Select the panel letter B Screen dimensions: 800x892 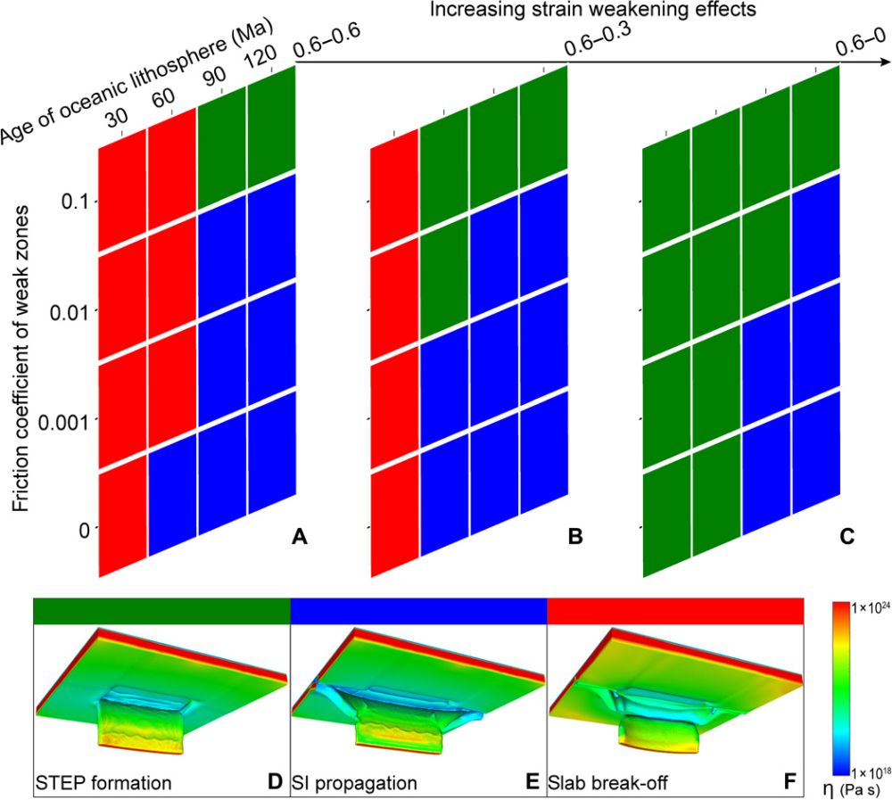tap(575, 537)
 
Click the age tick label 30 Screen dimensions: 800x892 tap(117, 120)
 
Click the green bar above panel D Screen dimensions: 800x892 tap(161, 611)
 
